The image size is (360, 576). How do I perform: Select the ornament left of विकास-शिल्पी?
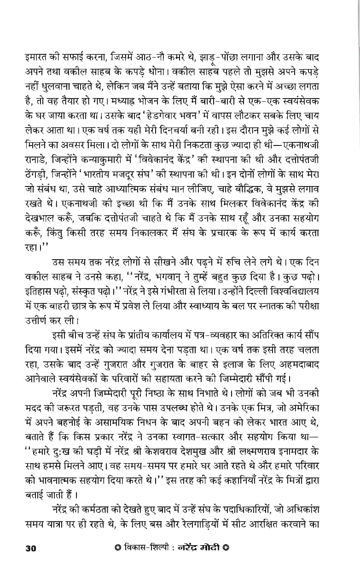coord(117,547)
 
